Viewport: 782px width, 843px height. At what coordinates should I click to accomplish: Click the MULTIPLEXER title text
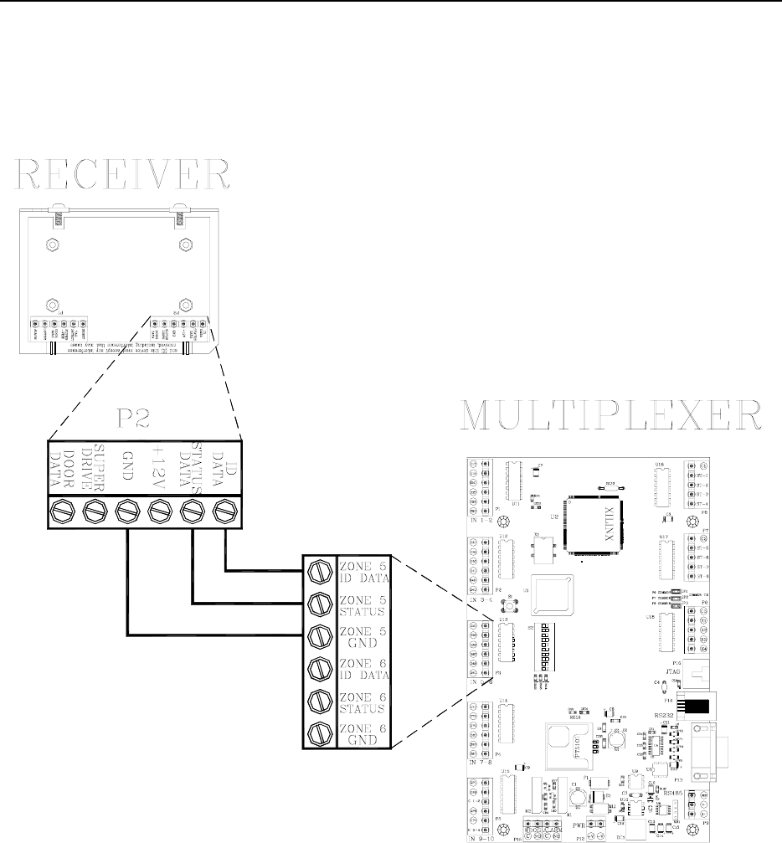(x=613, y=415)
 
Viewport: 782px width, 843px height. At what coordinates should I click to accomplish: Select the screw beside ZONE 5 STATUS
(x=318, y=604)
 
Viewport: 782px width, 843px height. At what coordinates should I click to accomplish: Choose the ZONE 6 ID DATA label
(x=363, y=668)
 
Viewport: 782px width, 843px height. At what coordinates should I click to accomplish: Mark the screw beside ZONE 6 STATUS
(x=318, y=700)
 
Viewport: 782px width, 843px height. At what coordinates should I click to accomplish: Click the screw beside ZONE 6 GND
(x=318, y=732)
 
